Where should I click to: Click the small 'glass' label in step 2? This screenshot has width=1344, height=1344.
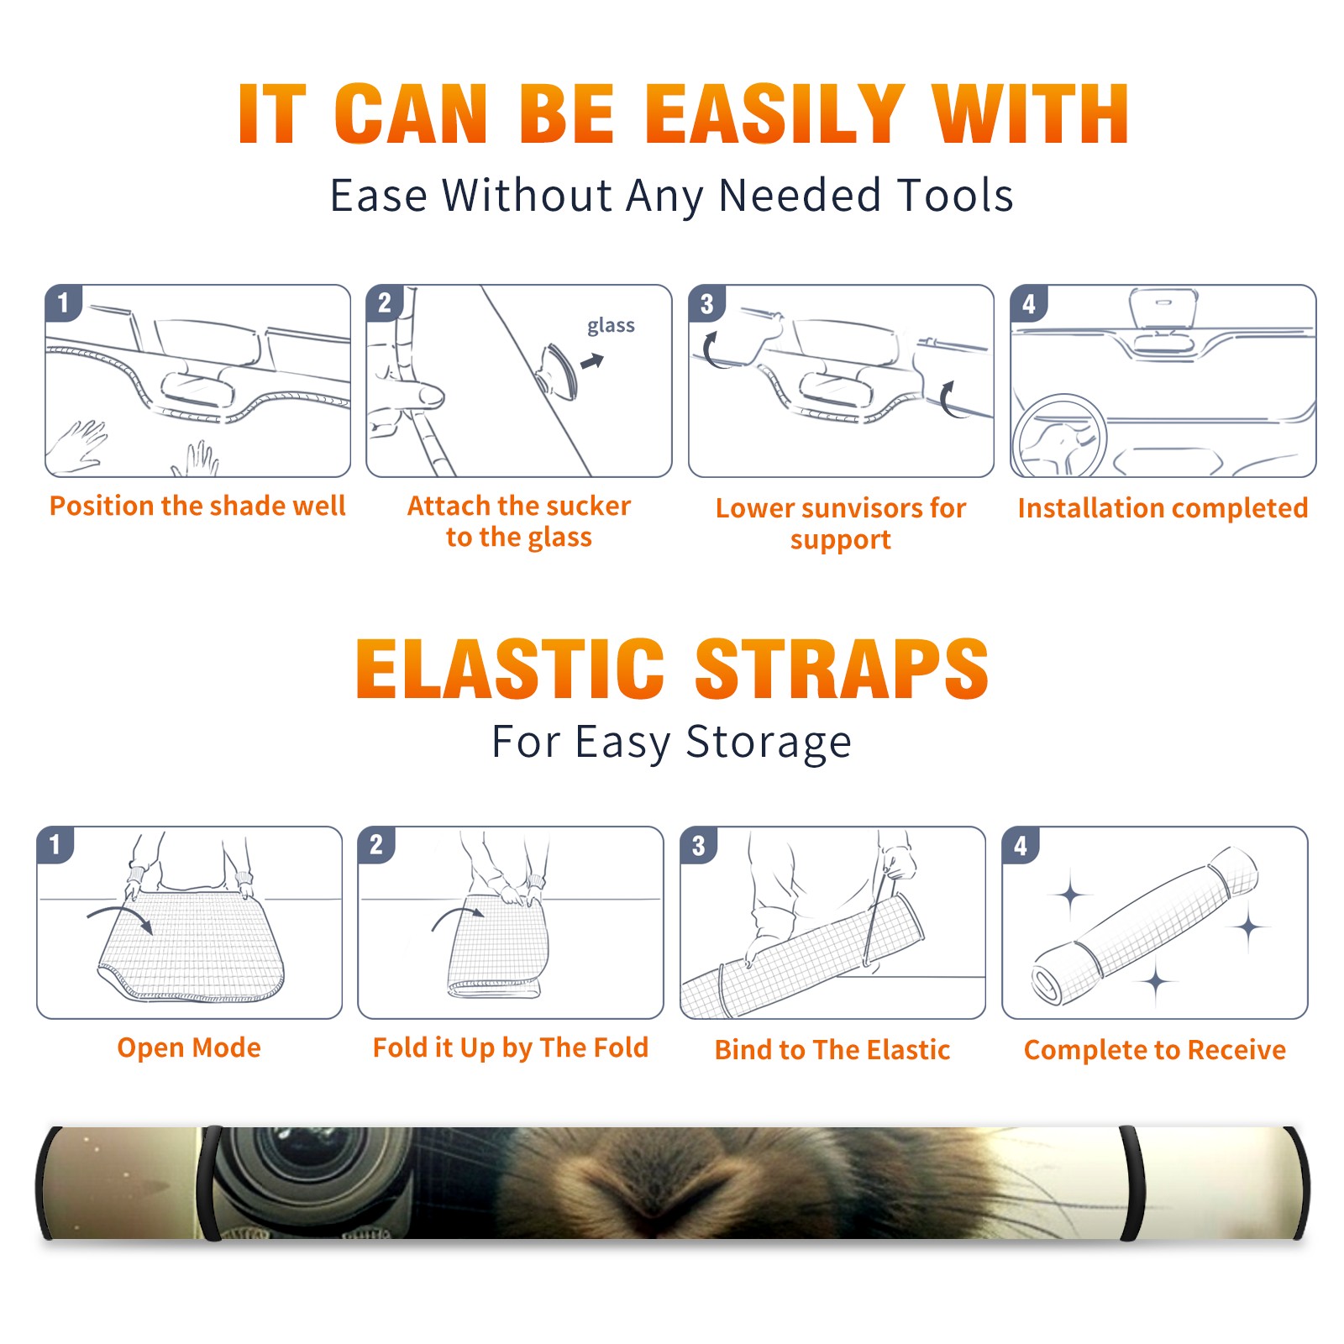tap(611, 326)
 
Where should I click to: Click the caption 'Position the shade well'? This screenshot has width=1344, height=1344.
tap(197, 506)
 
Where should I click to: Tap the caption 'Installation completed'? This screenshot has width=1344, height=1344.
tap(1163, 508)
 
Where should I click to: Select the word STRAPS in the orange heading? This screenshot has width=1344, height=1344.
tap(842, 669)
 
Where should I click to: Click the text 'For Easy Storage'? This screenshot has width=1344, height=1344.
tap(672, 743)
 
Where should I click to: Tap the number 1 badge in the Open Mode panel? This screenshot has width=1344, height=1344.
tap(55, 845)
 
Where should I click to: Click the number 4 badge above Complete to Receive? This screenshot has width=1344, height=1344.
tap(1021, 845)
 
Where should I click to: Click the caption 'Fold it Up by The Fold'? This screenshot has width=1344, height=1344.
tap(511, 1047)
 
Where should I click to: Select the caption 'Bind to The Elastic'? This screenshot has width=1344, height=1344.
tap(832, 1050)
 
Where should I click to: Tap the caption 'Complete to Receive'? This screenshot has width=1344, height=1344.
tap(1155, 1050)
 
